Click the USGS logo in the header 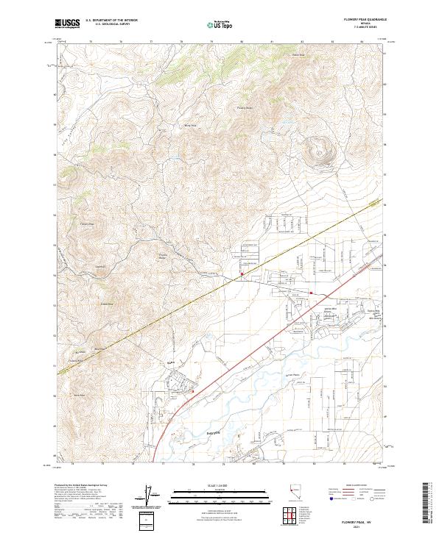coord(67,24)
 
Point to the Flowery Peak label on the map coord(88,225)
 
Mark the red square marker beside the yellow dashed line coord(242,276)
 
